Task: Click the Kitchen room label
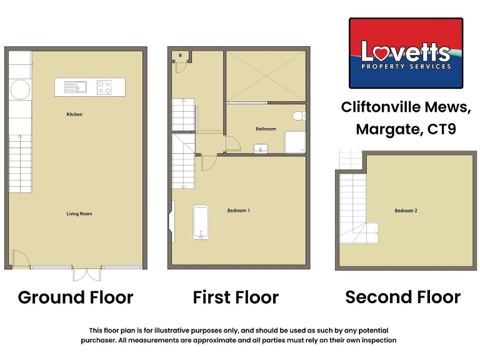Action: (x=75, y=114)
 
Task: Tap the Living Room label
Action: (x=79, y=214)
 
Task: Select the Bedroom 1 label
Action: (x=238, y=211)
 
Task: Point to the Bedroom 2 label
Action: (x=406, y=211)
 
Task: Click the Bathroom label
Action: (x=266, y=129)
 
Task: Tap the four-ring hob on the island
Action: (x=104, y=87)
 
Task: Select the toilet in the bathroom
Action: (x=299, y=114)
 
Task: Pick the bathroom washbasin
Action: (x=261, y=148)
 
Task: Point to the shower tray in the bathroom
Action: (x=294, y=142)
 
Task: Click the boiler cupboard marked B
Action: (x=181, y=56)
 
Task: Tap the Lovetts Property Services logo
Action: (x=406, y=53)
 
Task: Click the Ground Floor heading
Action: (x=75, y=297)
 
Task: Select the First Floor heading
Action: (x=236, y=297)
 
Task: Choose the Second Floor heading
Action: (x=402, y=297)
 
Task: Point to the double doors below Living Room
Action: (x=86, y=274)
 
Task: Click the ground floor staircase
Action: (x=21, y=164)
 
